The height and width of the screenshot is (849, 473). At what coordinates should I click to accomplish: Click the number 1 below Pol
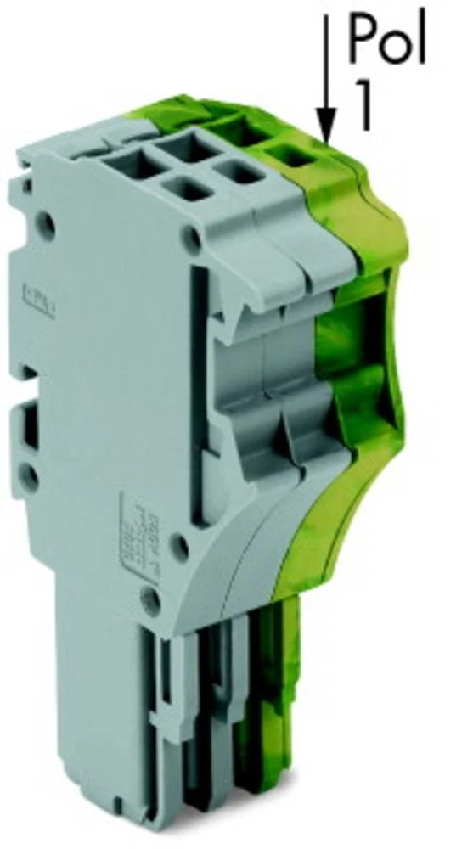[363, 109]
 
